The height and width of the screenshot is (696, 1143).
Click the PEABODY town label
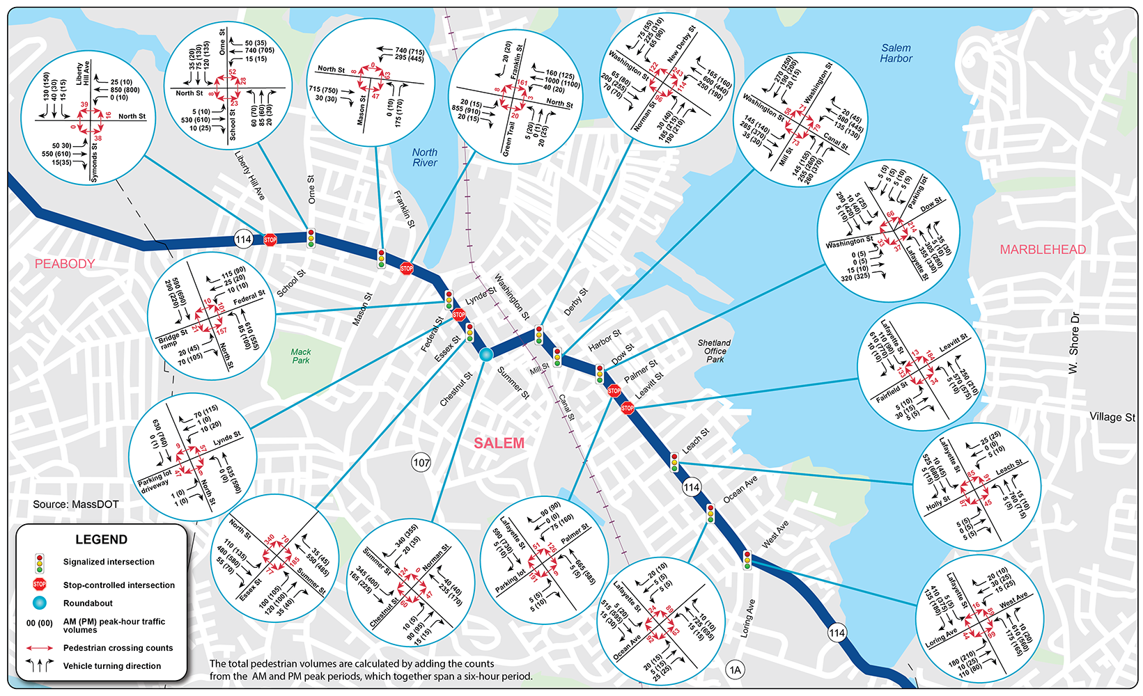[65, 264]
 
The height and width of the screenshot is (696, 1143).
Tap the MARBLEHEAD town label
[1043, 250]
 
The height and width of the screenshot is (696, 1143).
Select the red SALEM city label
[499, 443]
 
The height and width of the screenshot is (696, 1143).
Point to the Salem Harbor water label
[896, 54]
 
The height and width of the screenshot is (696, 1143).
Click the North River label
[425, 157]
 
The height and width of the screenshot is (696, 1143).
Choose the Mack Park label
[301, 356]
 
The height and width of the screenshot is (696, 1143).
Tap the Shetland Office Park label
[714, 351]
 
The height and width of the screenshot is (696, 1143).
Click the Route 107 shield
[421, 462]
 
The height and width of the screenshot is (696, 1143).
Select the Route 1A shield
[735, 670]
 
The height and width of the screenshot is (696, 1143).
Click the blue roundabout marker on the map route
[485, 355]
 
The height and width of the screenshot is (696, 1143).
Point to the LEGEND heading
[101, 539]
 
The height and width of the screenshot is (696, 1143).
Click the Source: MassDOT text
[76, 504]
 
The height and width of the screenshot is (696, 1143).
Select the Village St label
[1112, 417]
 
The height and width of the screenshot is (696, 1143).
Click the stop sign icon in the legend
[40, 585]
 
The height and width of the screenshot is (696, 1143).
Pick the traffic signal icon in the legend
[40, 562]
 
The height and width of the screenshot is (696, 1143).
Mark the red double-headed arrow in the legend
[40, 648]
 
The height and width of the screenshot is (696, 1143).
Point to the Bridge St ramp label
[171, 339]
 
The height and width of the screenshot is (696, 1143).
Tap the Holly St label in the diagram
[939, 502]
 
